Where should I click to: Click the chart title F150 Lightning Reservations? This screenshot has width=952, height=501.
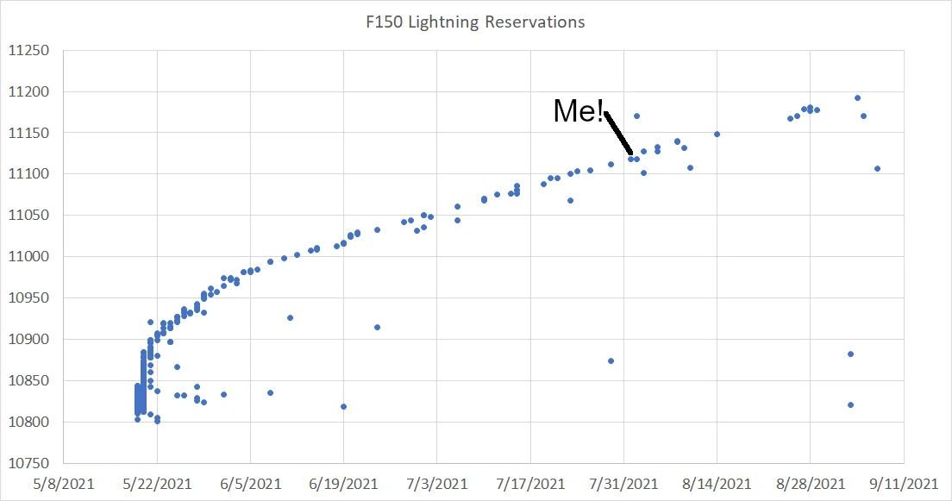click(475, 22)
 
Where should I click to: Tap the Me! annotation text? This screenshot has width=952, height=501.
click(578, 111)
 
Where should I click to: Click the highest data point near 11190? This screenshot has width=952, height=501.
click(857, 97)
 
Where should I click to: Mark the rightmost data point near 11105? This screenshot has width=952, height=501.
click(877, 168)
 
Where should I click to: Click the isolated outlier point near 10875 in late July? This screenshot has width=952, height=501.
click(611, 360)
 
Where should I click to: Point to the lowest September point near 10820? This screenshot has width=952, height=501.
click(850, 404)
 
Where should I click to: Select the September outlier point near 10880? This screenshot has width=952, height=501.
click(850, 354)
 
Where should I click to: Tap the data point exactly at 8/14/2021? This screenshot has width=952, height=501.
click(717, 134)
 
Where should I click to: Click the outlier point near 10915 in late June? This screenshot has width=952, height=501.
click(377, 327)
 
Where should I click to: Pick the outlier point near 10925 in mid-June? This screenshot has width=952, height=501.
click(290, 317)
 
